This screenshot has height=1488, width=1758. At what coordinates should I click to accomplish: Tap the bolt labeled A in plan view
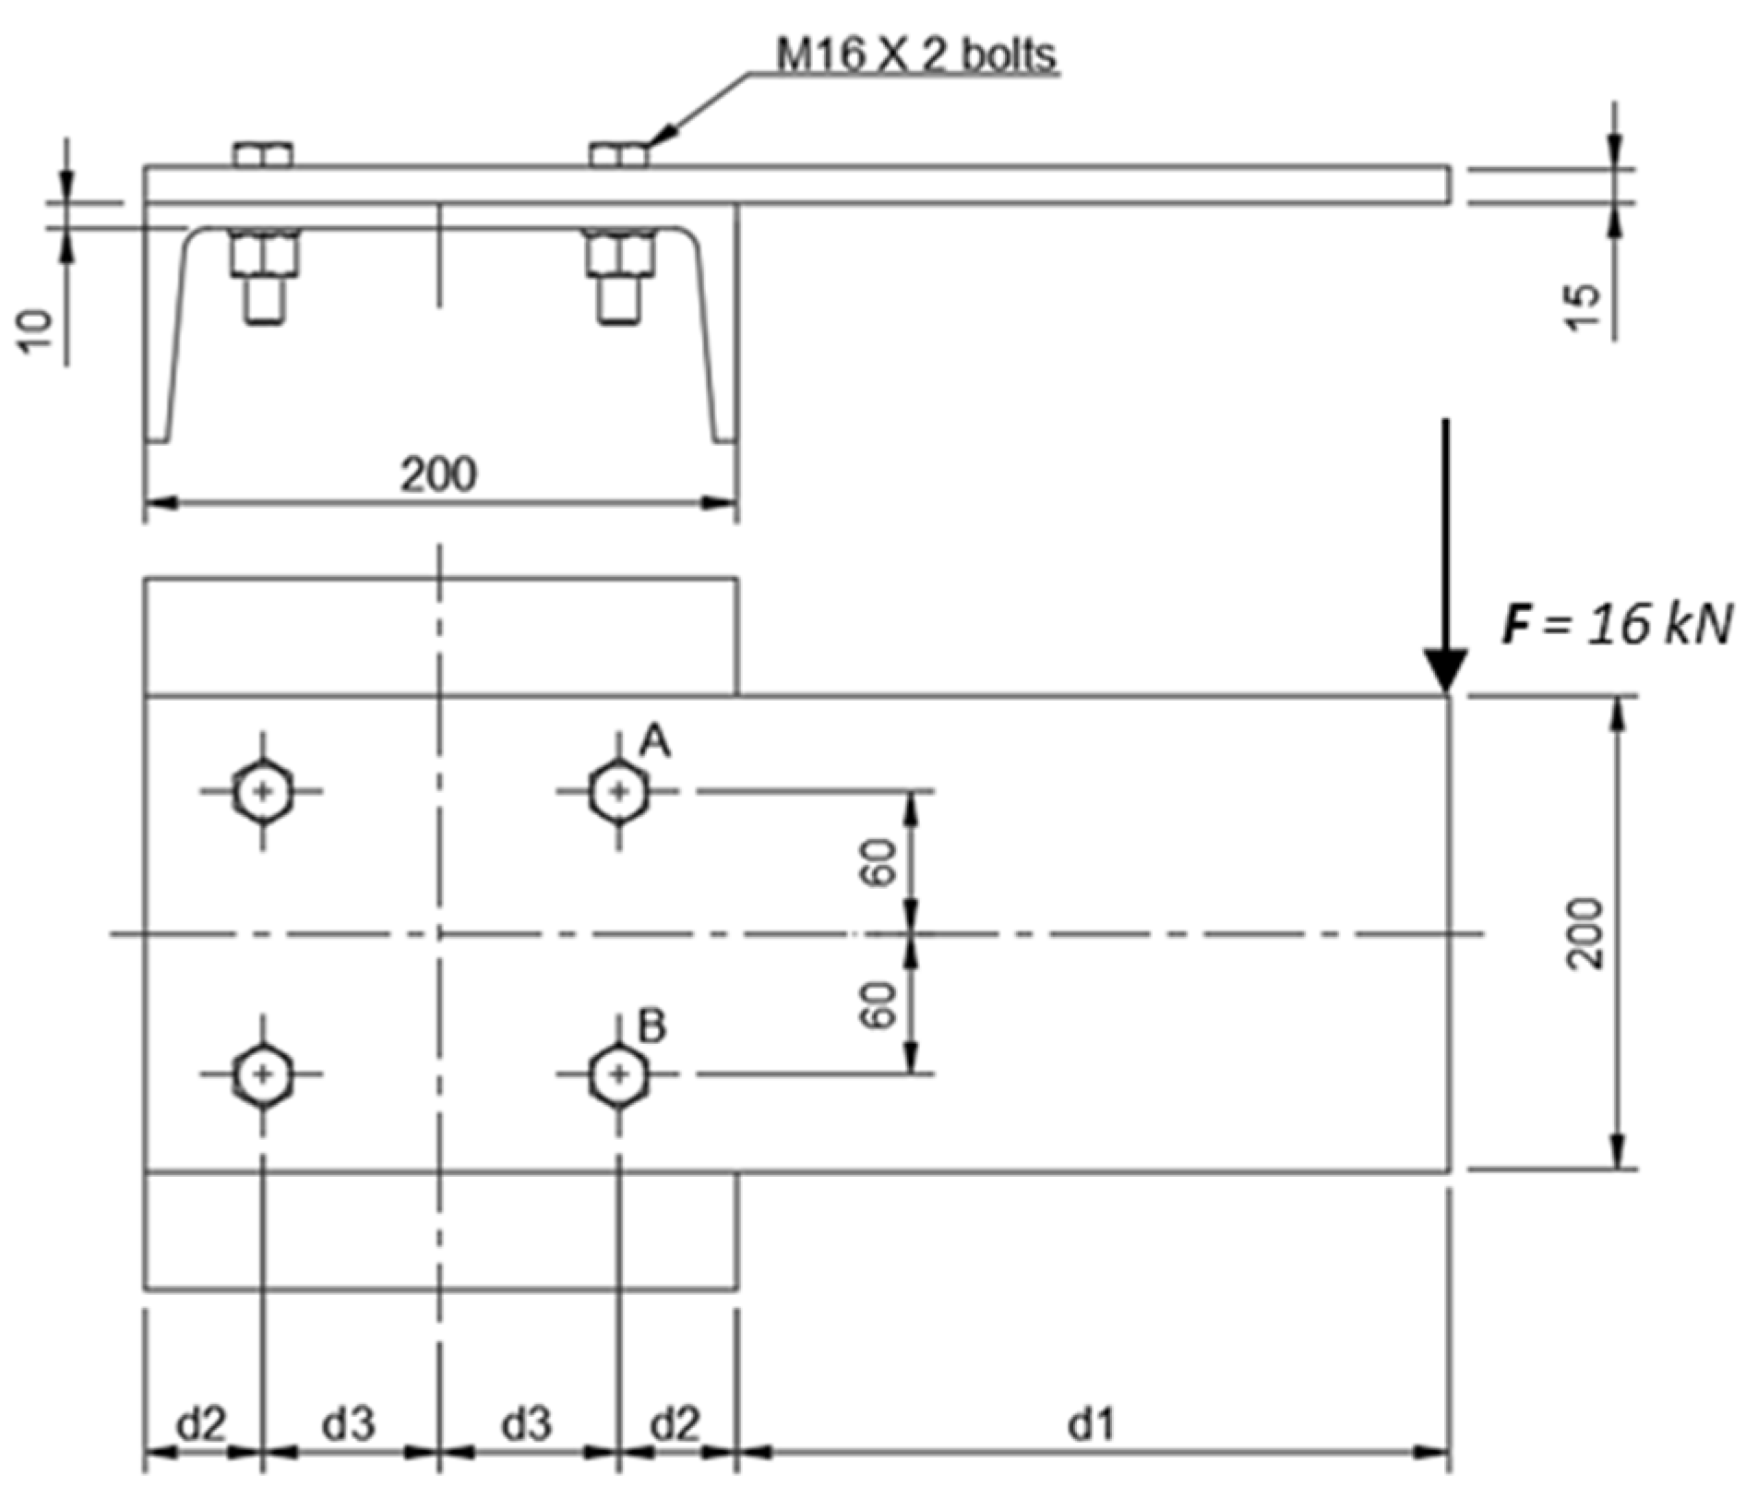tap(618, 791)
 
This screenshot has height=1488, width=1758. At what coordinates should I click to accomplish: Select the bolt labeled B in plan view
tap(618, 1074)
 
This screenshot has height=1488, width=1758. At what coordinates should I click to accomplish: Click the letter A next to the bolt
tap(655, 742)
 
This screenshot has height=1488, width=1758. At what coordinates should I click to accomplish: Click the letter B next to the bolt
tap(652, 1026)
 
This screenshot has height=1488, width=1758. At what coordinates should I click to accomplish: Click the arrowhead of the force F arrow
tap(1445, 669)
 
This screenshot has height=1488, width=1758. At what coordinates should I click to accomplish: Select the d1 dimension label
tap(1091, 1425)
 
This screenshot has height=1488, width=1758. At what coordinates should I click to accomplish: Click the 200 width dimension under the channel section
tap(438, 474)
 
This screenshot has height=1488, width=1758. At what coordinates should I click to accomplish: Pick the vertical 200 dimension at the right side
tap(1585, 933)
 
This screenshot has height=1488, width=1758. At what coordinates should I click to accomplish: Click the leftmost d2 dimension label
tap(201, 1425)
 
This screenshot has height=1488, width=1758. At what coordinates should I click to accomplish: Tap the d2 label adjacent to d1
tap(676, 1425)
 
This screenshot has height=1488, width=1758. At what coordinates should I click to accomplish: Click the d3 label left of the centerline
tap(348, 1425)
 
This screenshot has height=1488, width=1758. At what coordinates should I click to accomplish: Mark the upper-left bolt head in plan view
tap(264, 791)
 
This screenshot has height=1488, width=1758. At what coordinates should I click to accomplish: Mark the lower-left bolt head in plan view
tap(264, 1074)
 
